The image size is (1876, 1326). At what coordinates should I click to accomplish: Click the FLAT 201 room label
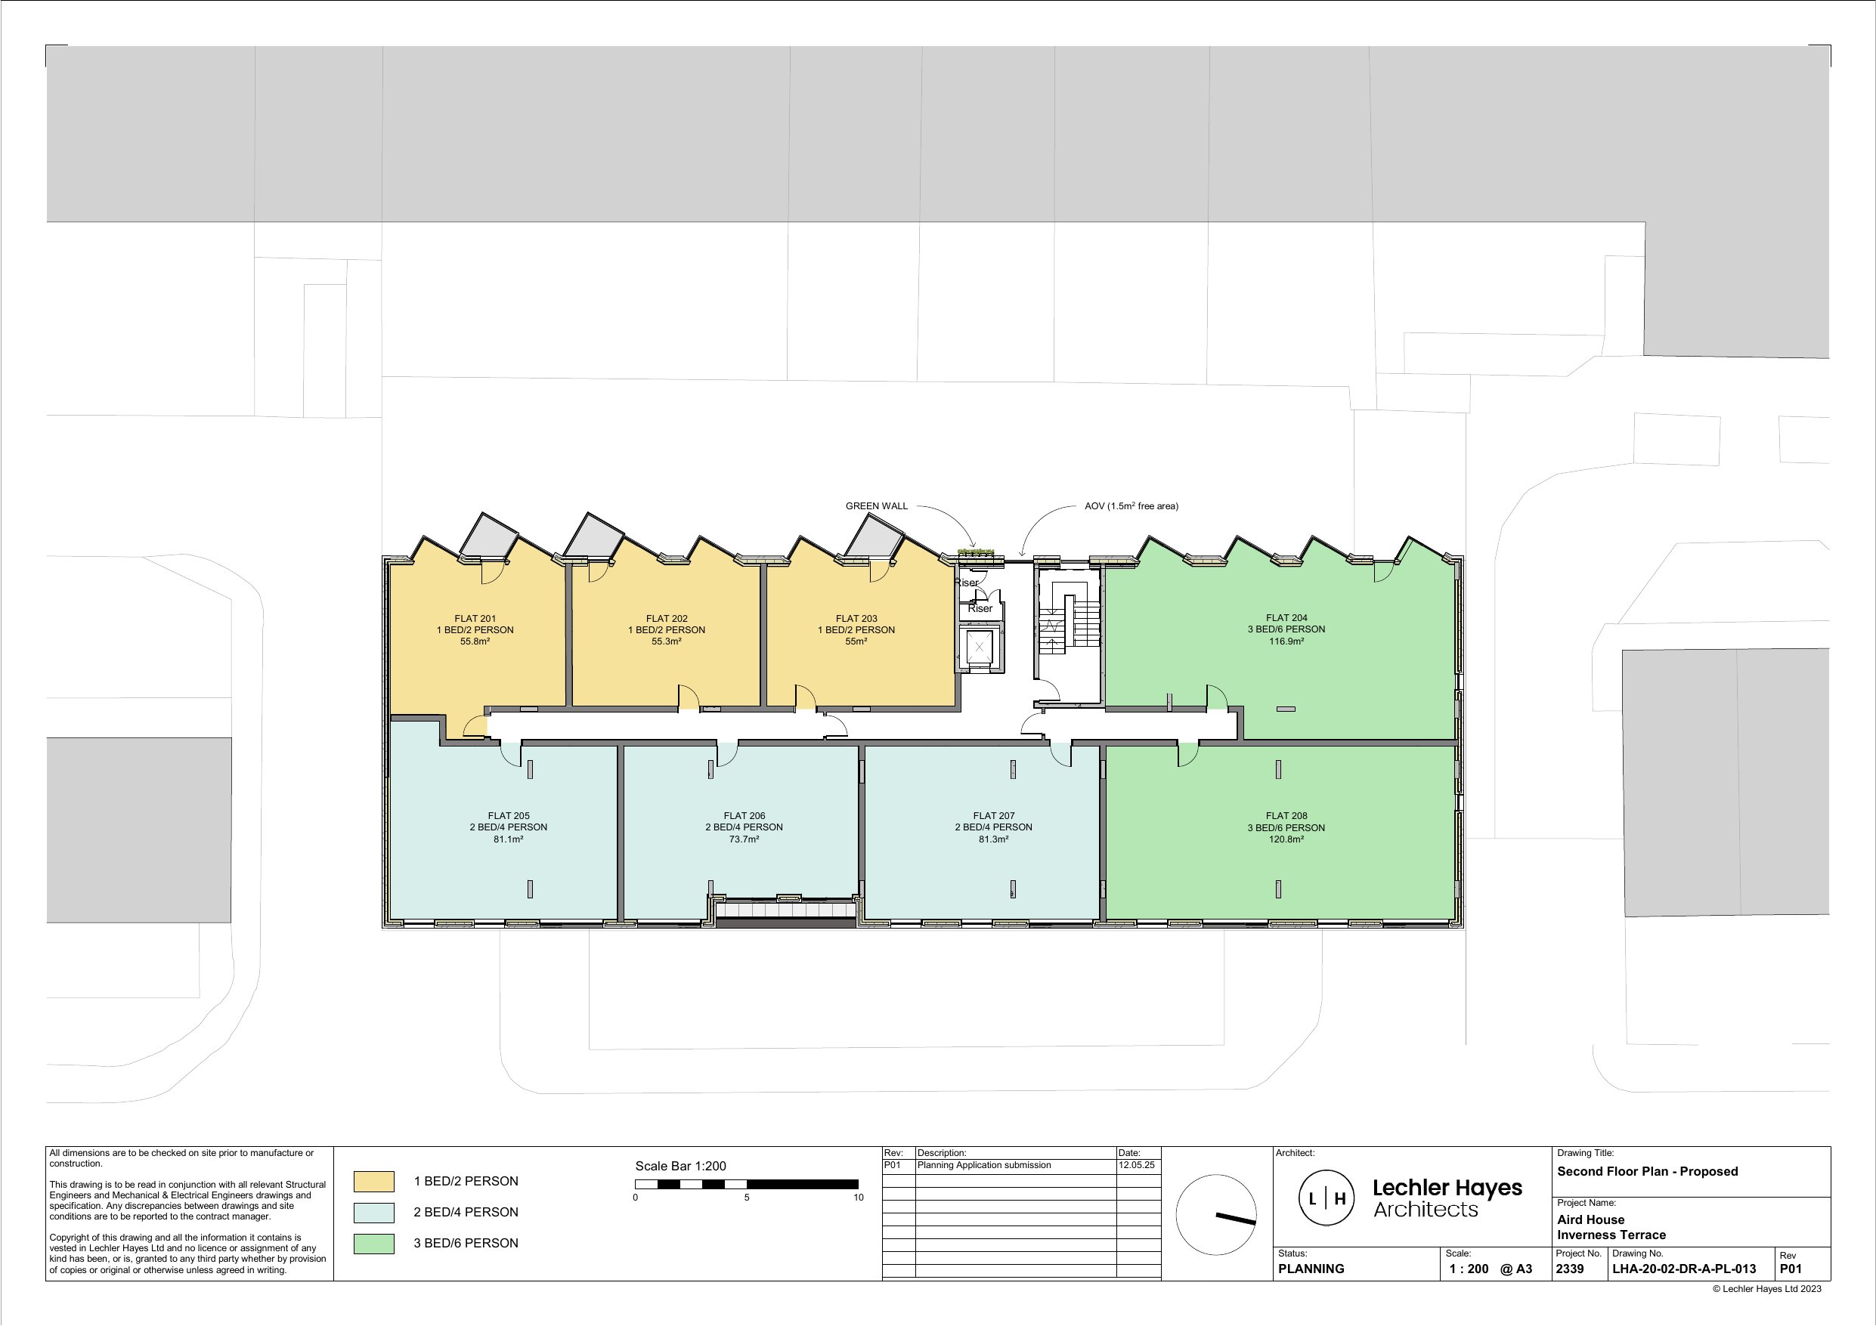tap(475, 619)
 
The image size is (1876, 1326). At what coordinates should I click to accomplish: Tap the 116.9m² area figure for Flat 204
tap(1286, 641)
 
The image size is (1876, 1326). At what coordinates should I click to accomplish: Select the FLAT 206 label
tap(745, 815)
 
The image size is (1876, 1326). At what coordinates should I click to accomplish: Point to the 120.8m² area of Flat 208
tap(1286, 839)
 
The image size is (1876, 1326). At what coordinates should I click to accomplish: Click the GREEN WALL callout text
tap(877, 505)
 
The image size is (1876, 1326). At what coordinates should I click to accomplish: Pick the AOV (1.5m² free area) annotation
tap(1131, 505)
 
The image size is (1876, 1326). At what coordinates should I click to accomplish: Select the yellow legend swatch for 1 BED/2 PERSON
tap(373, 1182)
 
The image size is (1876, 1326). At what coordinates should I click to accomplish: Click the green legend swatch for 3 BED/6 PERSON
tap(373, 1244)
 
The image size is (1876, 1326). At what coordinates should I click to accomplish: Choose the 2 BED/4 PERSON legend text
tap(466, 1213)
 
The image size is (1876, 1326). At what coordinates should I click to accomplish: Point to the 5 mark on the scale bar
tap(747, 1198)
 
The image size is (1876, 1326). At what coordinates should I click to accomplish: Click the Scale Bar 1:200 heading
tap(680, 1166)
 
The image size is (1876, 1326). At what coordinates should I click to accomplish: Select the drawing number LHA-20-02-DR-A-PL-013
tap(1684, 1269)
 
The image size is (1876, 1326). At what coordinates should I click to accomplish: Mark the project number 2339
tap(1570, 1269)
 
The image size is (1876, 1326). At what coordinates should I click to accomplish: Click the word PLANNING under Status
tap(1311, 1269)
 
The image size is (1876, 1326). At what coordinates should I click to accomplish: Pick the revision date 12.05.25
tap(1137, 1165)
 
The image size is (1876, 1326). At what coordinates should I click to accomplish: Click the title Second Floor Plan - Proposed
tap(1647, 1171)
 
